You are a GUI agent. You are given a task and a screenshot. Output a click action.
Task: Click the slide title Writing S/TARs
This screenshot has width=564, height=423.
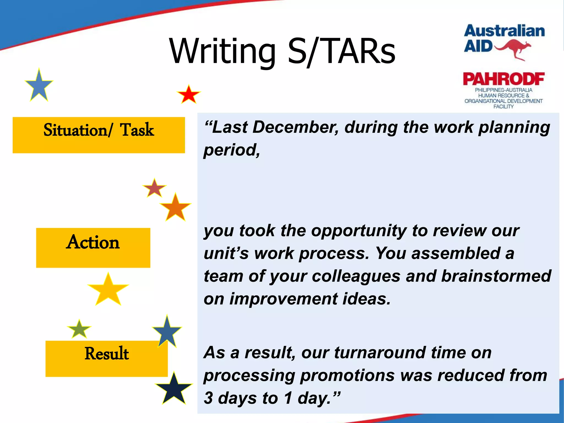click(x=282, y=51)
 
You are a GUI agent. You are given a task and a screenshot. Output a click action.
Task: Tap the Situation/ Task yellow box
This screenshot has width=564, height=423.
click(x=99, y=135)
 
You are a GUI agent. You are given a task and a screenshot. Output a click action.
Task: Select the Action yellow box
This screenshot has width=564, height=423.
click(x=93, y=248)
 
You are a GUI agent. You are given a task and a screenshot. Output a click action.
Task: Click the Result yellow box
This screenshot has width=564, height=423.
click(x=106, y=359)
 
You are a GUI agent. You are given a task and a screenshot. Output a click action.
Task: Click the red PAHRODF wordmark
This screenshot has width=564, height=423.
click(x=503, y=79)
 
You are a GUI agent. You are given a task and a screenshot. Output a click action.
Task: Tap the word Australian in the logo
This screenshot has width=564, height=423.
click(x=504, y=31)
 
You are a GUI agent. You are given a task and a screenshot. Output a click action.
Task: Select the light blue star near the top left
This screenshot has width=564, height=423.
click(x=39, y=86)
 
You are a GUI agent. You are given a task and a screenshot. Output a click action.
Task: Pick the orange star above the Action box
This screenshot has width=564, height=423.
click(x=175, y=208)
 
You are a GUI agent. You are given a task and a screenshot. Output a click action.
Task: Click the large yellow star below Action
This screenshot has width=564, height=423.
click(x=108, y=290)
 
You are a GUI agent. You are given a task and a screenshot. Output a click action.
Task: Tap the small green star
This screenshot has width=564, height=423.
click(x=79, y=329)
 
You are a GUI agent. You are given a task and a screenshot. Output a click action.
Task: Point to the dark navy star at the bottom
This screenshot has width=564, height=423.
click(x=174, y=389)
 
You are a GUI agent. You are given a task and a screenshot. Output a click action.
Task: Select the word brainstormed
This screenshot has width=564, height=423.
click(x=496, y=276)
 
